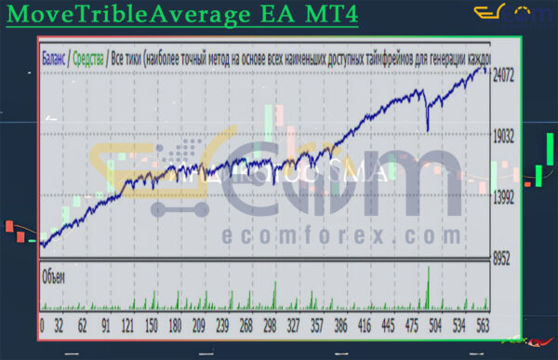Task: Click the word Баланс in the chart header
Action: point(54,56)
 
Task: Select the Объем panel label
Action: point(53,276)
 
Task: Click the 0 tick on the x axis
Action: point(42,326)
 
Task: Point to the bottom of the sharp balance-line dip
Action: point(428,130)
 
